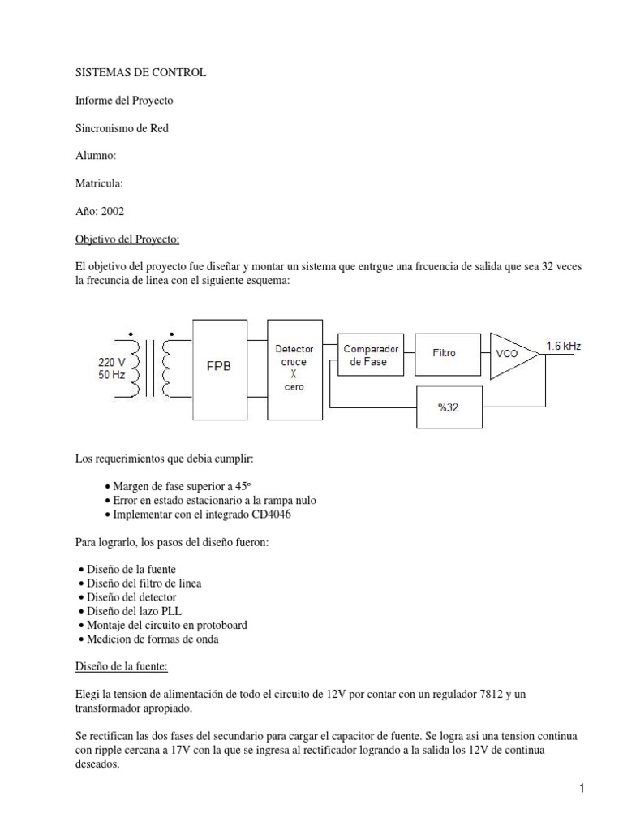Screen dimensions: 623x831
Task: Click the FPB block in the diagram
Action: (x=219, y=366)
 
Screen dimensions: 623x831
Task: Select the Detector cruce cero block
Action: (x=294, y=368)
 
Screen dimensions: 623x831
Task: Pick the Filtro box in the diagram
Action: (x=444, y=354)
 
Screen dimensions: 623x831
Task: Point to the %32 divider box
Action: (x=449, y=407)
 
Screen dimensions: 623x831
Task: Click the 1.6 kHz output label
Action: (x=564, y=346)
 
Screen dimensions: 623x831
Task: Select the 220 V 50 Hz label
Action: (x=111, y=369)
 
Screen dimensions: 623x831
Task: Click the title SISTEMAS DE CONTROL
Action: (x=140, y=72)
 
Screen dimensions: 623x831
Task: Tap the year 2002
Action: (x=113, y=211)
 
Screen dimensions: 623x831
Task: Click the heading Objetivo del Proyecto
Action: (x=127, y=239)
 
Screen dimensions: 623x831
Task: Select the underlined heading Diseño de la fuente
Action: (x=121, y=666)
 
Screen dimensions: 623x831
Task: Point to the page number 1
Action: (x=582, y=788)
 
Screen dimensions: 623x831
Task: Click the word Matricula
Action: (x=99, y=183)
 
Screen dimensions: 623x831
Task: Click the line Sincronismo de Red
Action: (x=122, y=128)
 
